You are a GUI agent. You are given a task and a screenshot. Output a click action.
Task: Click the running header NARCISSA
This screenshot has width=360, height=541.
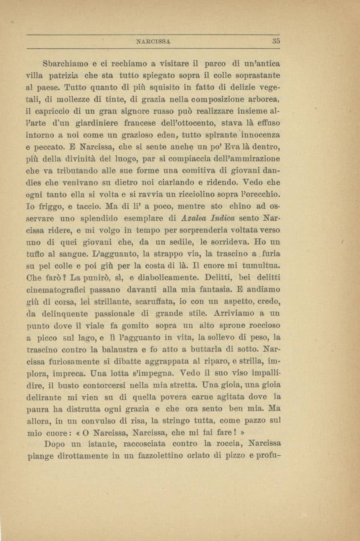(x=154, y=40)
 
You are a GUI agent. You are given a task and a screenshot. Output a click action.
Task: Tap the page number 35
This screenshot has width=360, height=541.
(x=276, y=40)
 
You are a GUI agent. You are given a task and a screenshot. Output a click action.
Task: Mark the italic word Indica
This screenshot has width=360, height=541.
(x=224, y=218)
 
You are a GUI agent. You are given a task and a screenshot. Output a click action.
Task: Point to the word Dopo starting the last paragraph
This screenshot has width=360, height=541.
(x=54, y=444)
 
